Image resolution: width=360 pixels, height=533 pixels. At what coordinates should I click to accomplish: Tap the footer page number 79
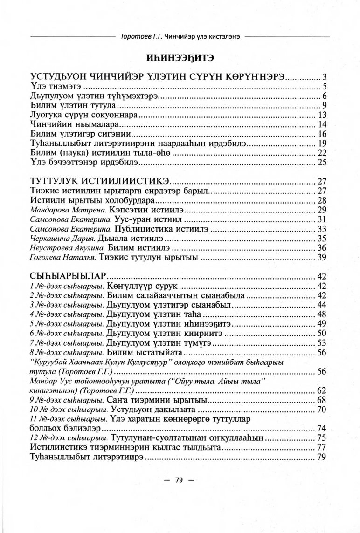coord(180,494)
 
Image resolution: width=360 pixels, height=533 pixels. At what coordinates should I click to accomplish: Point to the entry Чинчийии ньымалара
coord(75,124)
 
